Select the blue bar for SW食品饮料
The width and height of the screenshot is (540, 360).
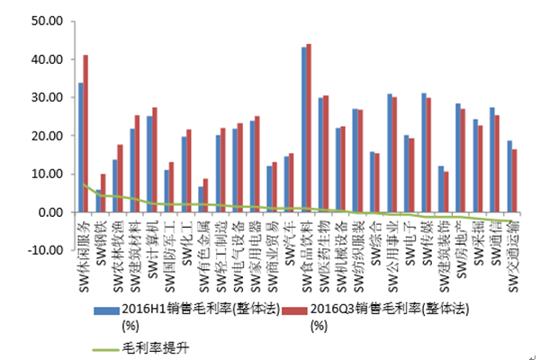click(x=304, y=130)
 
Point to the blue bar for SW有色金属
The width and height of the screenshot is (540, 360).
click(x=201, y=199)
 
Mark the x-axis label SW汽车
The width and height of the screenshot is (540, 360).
click(x=288, y=238)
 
